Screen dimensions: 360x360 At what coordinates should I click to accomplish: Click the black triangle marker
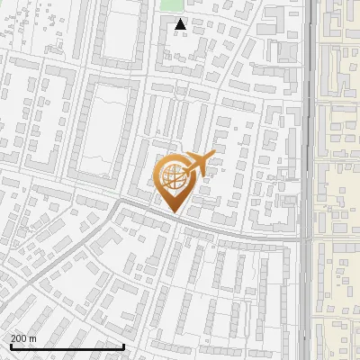[181, 24]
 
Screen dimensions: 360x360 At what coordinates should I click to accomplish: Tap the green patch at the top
[171, 4]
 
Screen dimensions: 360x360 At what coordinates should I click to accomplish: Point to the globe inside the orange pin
[173, 174]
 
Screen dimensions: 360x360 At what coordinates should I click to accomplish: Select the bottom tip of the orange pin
[174, 212]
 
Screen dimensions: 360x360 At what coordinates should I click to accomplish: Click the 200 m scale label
[23, 338]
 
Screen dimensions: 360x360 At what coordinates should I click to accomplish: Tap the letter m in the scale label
[32, 338]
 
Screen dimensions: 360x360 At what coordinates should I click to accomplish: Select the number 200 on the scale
[19, 338]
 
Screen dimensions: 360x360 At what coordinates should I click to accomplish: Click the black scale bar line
[67, 346]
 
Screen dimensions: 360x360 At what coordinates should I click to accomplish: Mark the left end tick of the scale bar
[10, 345]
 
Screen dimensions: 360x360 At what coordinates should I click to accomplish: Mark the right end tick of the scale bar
[123, 345]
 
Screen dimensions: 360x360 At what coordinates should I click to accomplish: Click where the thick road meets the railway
[307, 240]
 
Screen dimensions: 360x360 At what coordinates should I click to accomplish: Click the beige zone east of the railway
[338, 180]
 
